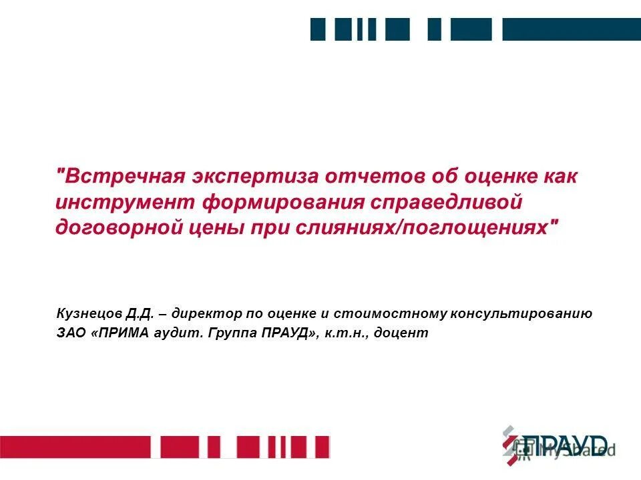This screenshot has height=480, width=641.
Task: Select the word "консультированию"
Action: pyautogui.click(x=521, y=313)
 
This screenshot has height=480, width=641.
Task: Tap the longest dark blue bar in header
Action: pyautogui.click(x=571, y=29)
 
